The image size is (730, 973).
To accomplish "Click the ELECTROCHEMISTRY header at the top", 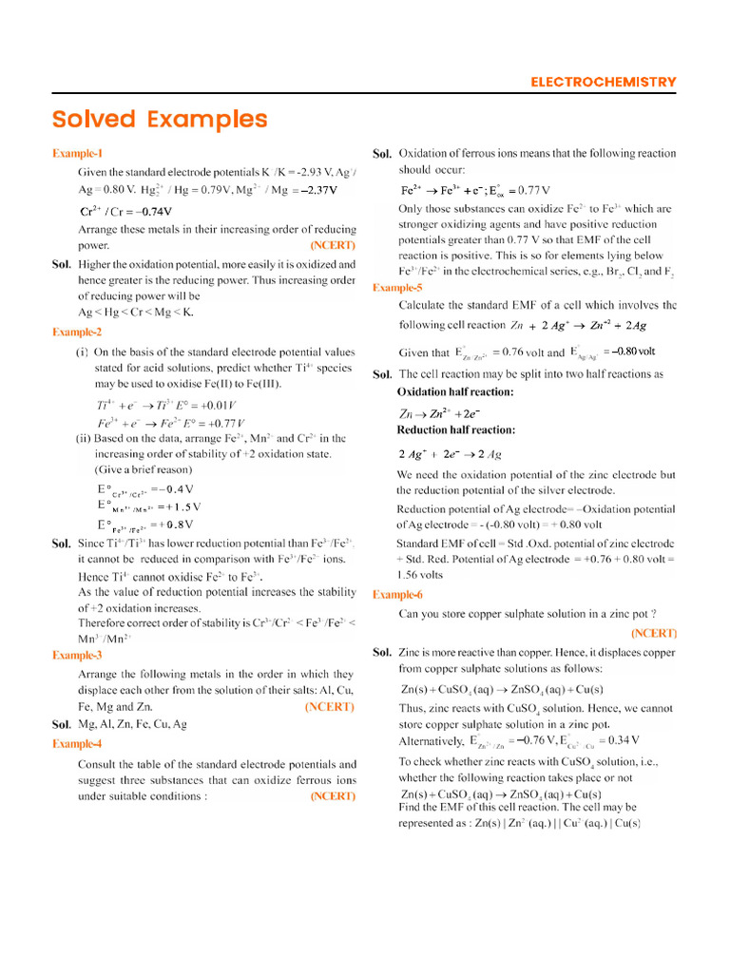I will [x=604, y=83].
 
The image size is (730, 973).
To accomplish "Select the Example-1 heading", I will [x=77, y=154].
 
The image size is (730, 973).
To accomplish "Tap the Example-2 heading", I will [x=77, y=333].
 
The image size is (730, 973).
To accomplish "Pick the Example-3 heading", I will [x=77, y=656].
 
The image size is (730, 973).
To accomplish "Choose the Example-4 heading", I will [x=77, y=744].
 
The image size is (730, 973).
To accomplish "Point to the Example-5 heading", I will [x=397, y=288].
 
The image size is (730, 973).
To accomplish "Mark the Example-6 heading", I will [x=397, y=595].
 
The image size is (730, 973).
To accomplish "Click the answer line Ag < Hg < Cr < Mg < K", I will [x=135, y=313].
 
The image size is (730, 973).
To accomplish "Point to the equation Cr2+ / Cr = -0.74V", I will [x=125, y=211].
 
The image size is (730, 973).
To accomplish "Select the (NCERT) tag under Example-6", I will [x=653, y=633].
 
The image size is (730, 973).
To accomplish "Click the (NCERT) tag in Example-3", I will [x=329, y=707].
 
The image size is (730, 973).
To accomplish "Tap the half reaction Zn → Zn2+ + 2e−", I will [x=439, y=414].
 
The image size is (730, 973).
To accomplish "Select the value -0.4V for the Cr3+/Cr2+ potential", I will [x=179, y=488].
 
